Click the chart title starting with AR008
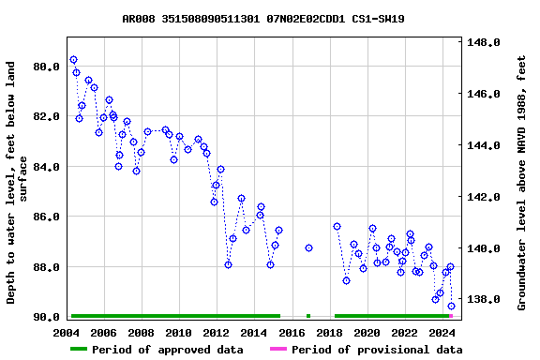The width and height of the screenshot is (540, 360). (x=263, y=19)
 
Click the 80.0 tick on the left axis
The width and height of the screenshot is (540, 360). (x=47, y=67)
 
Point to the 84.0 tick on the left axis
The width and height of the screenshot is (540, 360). (x=47, y=167)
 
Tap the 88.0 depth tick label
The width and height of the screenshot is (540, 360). (x=47, y=267)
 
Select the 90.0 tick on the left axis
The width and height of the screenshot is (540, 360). (x=47, y=317)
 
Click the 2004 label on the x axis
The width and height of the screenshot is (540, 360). (x=67, y=333)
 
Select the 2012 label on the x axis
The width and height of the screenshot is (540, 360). (x=217, y=333)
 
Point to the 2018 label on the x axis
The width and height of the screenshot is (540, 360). (x=329, y=333)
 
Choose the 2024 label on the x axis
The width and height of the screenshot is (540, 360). (x=442, y=333)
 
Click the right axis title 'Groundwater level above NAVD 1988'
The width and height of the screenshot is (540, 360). (x=522, y=183)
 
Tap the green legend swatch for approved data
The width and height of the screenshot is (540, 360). (x=79, y=350)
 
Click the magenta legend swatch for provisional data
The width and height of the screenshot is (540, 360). (x=278, y=350)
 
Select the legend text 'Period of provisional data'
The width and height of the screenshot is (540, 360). (x=376, y=350)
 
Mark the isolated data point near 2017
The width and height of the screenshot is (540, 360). (x=308, y=247)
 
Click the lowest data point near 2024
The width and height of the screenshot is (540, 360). (x=451, y=306)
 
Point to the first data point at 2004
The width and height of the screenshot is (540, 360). (x=73, y=59)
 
